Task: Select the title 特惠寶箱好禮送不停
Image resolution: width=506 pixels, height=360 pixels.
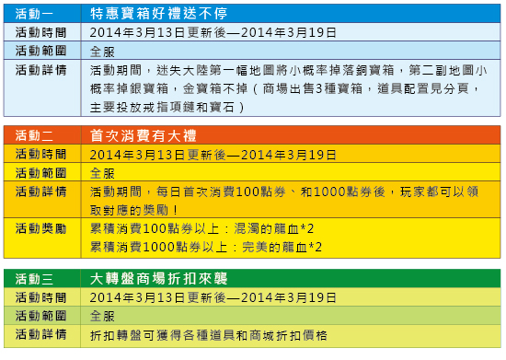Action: [159, 14]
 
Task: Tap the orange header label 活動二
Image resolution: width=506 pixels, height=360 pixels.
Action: [34, 135]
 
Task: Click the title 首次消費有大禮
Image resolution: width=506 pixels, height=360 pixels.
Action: [143, 135]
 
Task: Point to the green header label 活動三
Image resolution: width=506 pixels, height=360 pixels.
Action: [34, 279]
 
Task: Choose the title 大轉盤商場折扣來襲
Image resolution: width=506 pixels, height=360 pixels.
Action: [159, 279]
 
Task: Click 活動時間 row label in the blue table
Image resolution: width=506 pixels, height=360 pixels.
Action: [41, 32]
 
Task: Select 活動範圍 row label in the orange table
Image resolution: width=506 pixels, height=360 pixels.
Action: [41, 173]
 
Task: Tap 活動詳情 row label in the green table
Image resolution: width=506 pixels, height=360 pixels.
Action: [41, 334]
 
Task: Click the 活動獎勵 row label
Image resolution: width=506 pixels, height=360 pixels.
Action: [41, 228]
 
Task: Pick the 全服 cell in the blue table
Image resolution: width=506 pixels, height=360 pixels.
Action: [102, 52]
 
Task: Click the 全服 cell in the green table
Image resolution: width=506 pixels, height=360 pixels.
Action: [102, 316]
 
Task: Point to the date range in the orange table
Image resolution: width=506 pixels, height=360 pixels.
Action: [213, 155]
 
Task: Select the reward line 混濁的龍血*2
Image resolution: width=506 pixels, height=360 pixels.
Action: [273, 229]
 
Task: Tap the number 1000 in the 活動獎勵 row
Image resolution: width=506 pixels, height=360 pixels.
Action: [158, 248]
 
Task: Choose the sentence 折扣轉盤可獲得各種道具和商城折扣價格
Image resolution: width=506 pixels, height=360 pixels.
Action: [209, 335]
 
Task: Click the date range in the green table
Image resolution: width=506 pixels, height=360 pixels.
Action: [213, 297]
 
